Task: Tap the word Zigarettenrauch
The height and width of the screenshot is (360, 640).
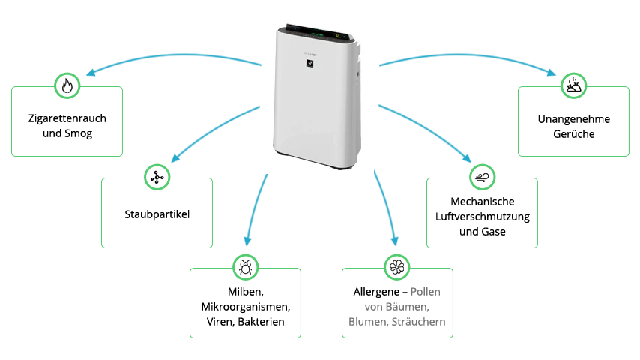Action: pos(67,120)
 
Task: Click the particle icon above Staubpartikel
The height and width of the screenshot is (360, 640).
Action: pos(157,178)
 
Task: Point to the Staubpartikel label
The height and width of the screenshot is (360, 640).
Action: pos(157,214)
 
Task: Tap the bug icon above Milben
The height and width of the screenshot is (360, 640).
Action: pos(245,267)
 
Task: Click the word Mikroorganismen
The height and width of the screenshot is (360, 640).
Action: pos(245,307)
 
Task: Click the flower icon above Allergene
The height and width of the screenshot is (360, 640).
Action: pos(396,267)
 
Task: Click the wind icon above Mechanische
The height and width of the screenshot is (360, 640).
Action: pos(481,178)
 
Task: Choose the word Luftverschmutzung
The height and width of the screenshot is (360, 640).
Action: pos(482,217)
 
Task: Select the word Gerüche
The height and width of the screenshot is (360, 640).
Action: pos(573,134)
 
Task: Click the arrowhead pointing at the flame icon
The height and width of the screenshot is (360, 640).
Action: pos(89,73)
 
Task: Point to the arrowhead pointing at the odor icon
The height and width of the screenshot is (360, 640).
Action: pos(553,73)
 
